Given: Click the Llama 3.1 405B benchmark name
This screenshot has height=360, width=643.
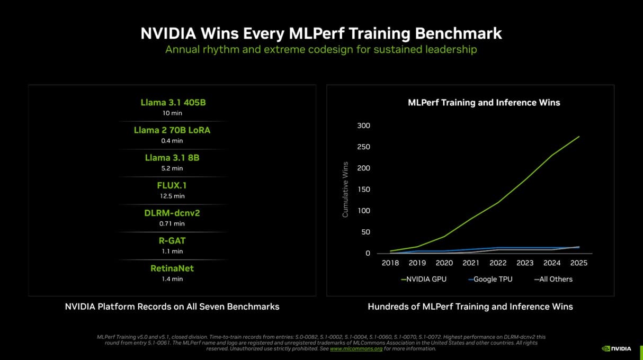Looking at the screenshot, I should [x=173, y=102].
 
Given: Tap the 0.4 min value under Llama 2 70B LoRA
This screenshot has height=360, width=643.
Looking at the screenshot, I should [x=172, y=141].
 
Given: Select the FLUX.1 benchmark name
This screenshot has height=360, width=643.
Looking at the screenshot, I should [x=172, y=185].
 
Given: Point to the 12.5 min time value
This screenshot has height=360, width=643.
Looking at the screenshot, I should [x=172, y=196].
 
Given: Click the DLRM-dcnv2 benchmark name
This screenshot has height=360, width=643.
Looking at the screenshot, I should [x=172, y=213].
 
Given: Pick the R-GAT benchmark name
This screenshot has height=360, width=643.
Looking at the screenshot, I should [x=172, y=240].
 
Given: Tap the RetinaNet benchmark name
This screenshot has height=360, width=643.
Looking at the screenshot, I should [x=172, y=268].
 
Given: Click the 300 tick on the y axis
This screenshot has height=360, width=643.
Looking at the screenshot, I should [x=363, y=125].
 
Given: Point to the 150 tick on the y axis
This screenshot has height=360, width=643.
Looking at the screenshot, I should [x=363, y=190].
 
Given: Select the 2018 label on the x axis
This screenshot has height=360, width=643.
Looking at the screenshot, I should [x=390, y=263].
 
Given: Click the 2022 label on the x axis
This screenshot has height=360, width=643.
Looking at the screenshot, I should [x=498, y=263].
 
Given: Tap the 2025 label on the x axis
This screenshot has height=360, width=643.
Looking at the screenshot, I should [x=578, y=263].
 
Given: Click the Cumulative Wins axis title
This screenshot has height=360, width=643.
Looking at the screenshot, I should [x=345, y=190].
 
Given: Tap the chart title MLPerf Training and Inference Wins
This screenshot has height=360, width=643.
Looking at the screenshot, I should [x=484, y=102].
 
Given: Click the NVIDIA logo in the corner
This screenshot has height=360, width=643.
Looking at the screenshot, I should [x=617, y=348].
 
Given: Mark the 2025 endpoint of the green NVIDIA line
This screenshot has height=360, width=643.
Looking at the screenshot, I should [x=579, y=137].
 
